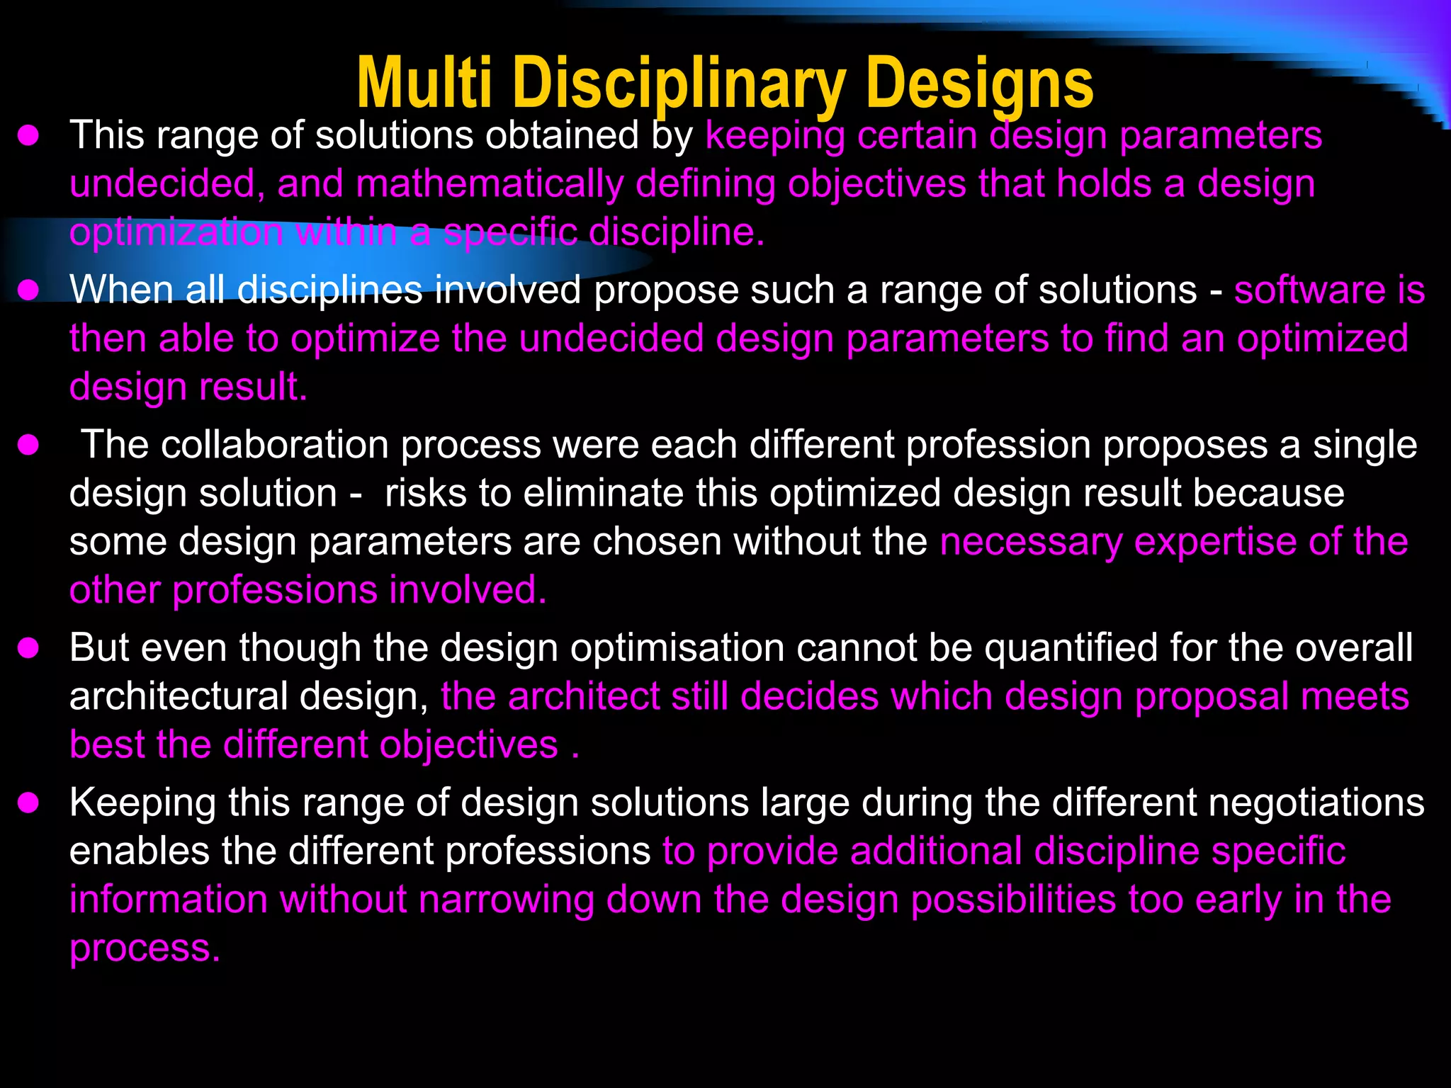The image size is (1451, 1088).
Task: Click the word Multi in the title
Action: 424,84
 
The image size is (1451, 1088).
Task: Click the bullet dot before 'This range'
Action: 28,135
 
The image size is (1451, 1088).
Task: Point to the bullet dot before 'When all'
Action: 28,290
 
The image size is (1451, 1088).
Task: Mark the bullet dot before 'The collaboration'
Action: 28,446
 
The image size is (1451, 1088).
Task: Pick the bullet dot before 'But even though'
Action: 28,648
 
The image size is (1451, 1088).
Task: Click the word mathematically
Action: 490,184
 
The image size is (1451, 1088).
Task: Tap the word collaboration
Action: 274,446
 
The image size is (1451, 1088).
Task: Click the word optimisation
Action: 677,648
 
